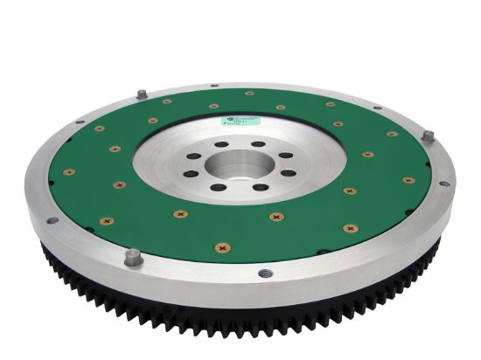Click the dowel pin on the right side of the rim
coord(428,136)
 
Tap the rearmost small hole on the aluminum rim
coord(213,85)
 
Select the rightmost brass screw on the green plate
coord(408,180)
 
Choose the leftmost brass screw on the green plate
coord(69,173)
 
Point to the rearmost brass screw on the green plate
coord(249,93)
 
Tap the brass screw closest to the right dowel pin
coord(391,135)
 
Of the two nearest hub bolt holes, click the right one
coord(260,187)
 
